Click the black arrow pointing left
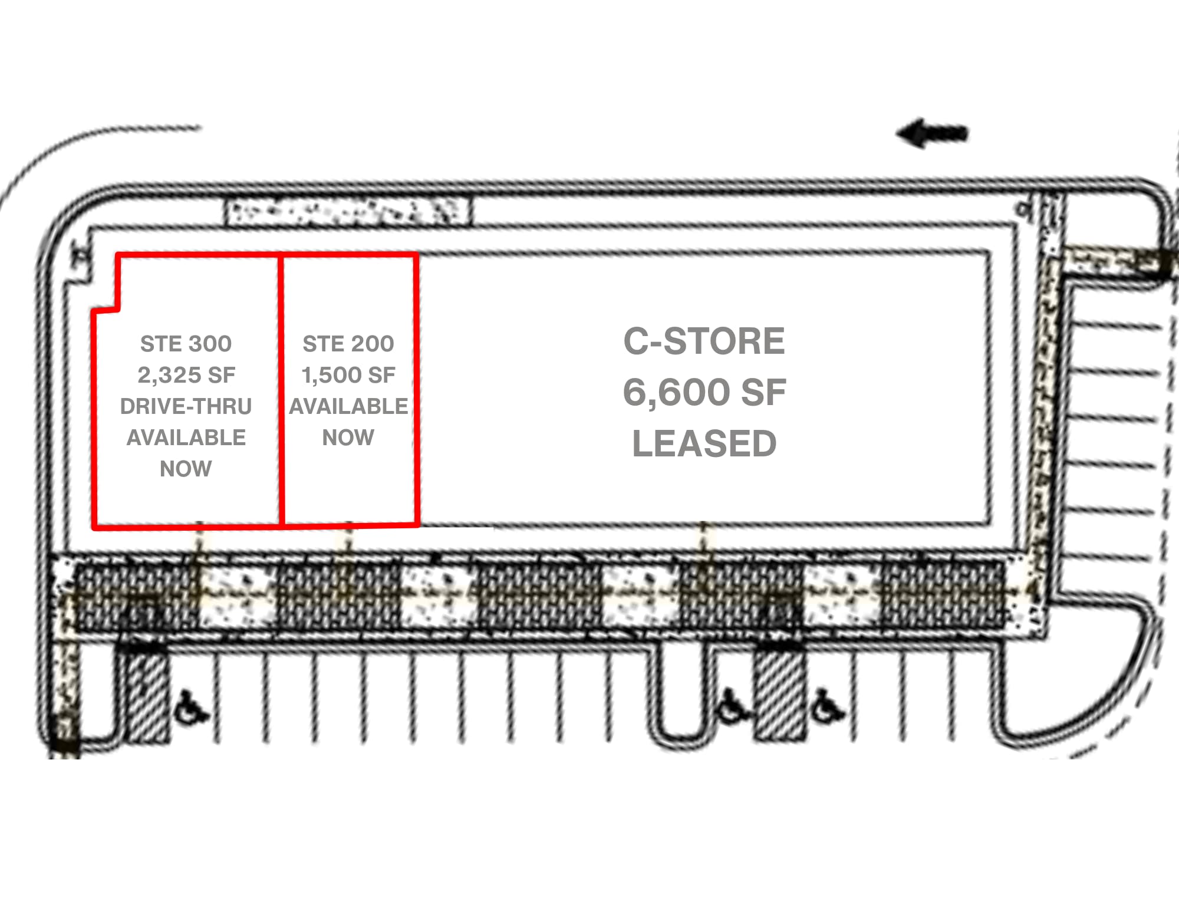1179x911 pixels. pos(931,133)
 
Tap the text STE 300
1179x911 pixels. pos(186,344)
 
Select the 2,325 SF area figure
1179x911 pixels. pos(186,375)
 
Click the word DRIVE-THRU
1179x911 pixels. pos(186,406)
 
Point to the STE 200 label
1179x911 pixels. pos(348,344)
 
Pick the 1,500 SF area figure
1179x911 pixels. pos(348,375)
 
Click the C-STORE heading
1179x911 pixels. pos(704,341)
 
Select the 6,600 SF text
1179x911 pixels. pos(704,393)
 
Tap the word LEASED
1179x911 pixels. pos(704,443)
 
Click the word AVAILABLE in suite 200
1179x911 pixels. pos(348,406)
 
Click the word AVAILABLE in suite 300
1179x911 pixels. pos(186,438)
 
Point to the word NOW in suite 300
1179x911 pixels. pos(186,469)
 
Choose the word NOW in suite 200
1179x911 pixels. pos(348,438)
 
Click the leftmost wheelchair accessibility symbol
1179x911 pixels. pos(192,708)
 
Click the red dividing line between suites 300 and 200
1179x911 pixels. pos(281,390)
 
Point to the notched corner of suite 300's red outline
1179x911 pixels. pos(118,308)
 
